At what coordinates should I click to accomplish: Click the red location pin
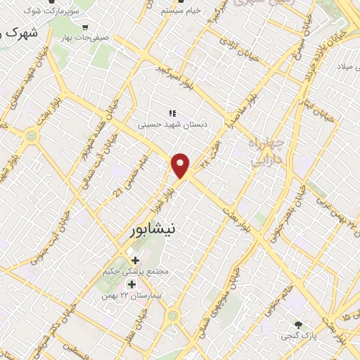pyautogui.click(x=181, y=165)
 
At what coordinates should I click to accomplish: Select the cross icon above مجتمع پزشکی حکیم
pyautogui.click(x=134, y=260)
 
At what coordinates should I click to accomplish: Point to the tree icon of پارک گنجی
pyautogui.click(x=300, y=325)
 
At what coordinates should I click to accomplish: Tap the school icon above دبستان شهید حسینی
pyautogui.click(x=171, y=113)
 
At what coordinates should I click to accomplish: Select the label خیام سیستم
pyautogui.click(x=181, y=12)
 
